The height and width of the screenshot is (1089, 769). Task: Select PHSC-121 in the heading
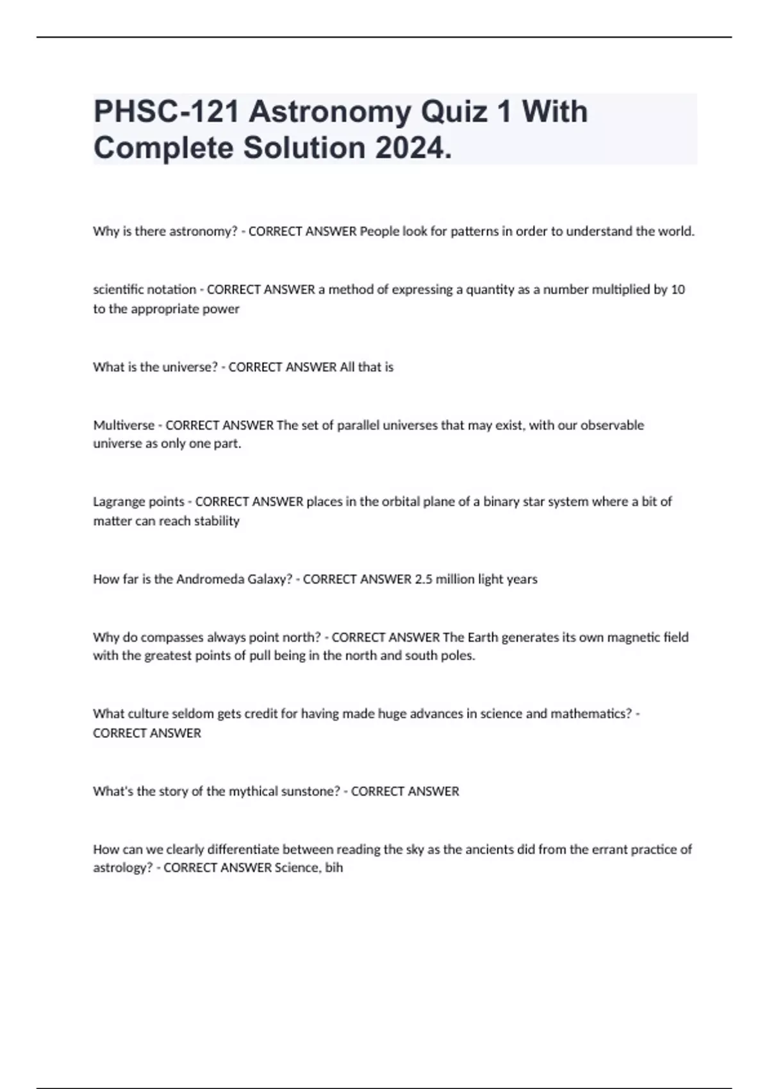(x=166, y=112)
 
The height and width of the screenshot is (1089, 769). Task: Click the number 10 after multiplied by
(x=678, y=290)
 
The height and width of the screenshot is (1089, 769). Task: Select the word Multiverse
(x=124, y=425)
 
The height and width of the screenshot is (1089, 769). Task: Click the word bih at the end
(x=334, y=868)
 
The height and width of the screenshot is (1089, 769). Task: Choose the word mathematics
(x=590, y=714)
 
